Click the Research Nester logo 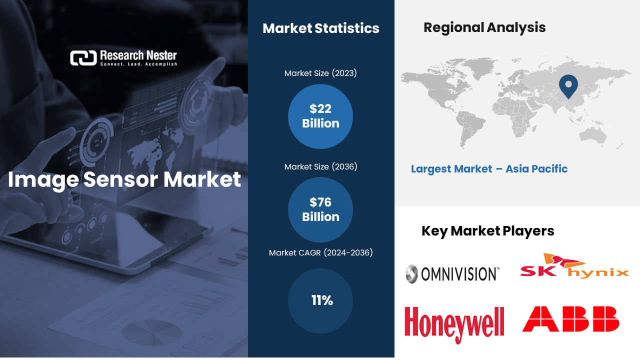tap(123, 58)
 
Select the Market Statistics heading tap(321, 28)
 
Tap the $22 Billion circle tap(320, 116)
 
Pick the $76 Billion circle tap(320, 210)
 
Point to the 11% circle tap(320, 300)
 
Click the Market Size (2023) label tap(320, 73)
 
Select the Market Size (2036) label tap(320, 166)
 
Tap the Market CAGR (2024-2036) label tap(320, 253)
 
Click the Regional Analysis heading tap(484, 27)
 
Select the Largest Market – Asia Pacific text tap(489, 169)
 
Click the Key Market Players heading tap(487, 231)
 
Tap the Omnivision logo tap(452, 273)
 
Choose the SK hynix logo tap(573, 267)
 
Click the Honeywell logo tap(454, 324)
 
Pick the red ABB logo tap(570, 319)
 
